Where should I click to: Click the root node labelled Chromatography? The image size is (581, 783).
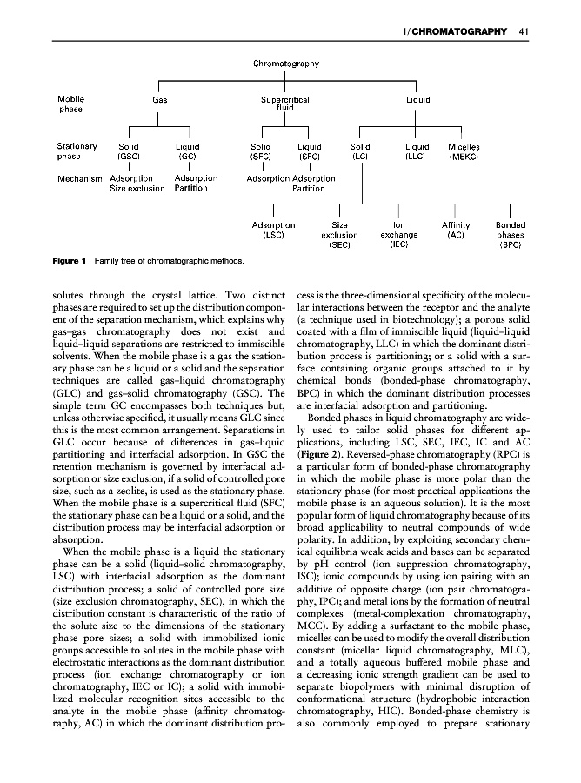tap(286, 64)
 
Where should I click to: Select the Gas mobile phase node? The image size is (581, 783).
tap(160, 100)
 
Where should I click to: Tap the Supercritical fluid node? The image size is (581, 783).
tap(285, 104)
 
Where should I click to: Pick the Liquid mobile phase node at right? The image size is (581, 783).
tap(418, 100)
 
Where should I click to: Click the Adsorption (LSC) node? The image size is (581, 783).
tap(273, 230)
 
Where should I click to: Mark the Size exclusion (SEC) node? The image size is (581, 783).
tap(340, 235)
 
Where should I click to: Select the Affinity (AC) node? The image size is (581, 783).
tap(457, 230)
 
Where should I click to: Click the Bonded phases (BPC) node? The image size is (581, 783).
tap(510, 235)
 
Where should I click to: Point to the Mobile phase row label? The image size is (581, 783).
tap(71, 104)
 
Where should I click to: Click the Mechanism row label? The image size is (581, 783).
tap(80, 178)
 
